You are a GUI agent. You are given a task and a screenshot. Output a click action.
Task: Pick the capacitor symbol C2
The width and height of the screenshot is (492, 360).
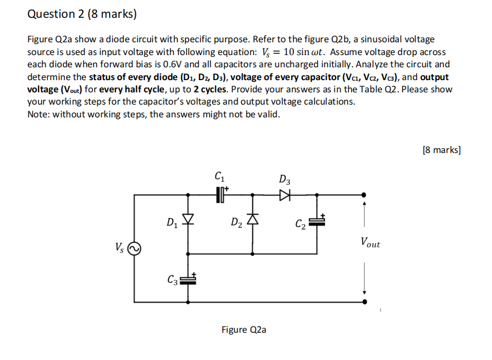[x=317, y=221]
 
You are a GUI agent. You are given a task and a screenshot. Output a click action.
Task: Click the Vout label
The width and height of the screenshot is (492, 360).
[x=370, y=243]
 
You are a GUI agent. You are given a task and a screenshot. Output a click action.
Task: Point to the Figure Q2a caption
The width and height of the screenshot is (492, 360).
[x=244, y=330]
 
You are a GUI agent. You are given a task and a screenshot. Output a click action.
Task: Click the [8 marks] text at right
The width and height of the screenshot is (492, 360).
[x=441, y=149]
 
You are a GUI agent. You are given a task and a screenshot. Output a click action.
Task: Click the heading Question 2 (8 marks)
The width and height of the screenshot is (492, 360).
[x=82, y=15]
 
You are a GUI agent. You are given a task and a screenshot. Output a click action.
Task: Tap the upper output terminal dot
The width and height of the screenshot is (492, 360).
[x=364, y=194]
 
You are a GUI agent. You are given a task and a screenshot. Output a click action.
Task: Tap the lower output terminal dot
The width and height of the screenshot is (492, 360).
[x=364, y=302]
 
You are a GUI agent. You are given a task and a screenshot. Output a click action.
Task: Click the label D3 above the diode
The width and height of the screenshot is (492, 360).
[x=284, y=180]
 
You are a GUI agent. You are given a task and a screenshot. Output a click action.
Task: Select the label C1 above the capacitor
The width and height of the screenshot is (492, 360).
[x=219, y=177]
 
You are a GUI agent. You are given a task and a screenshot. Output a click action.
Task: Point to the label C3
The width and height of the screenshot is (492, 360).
[x=174, y=279]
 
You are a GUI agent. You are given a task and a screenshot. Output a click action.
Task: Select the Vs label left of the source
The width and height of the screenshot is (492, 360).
[x=120, y=246]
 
